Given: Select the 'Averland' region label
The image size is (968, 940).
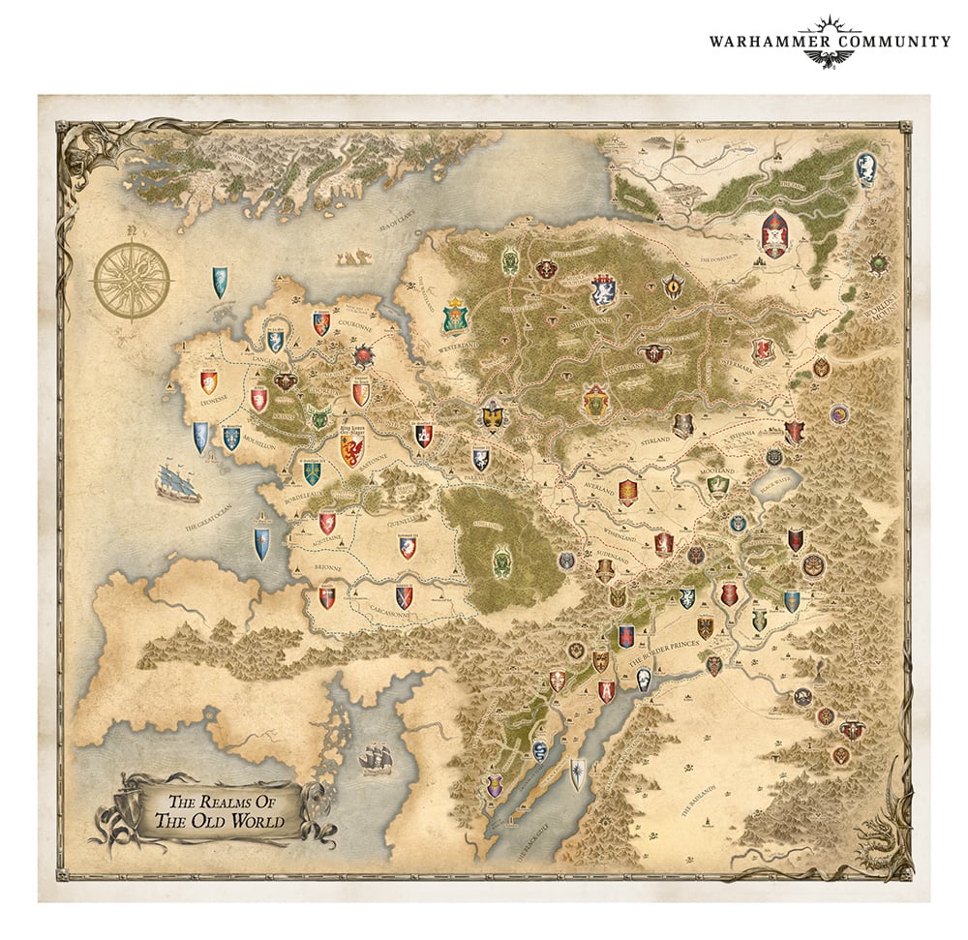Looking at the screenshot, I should coord(597,490).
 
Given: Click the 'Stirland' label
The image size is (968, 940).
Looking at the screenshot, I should coord(681,447).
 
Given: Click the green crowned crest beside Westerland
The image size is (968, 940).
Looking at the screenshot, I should coord(453,316).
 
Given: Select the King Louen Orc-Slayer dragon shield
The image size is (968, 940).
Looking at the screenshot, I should coord(352,451).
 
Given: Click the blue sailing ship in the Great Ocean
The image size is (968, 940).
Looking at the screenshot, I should coord(177,481).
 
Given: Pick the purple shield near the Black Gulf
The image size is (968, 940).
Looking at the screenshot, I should coord(497,787).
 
